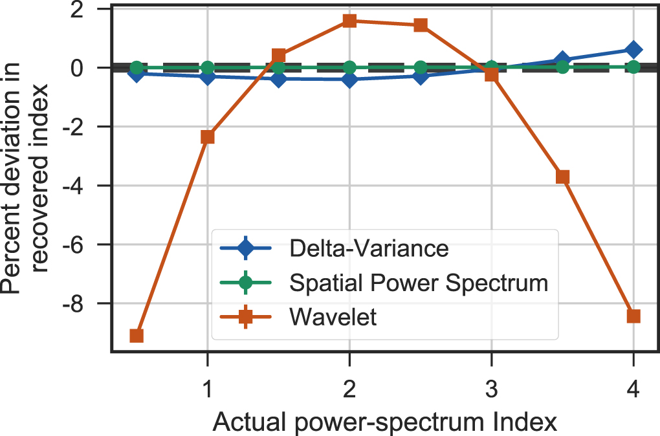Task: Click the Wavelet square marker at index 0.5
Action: [137, 336]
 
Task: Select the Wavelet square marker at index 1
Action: [207, 136]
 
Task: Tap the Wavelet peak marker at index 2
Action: [349, 21]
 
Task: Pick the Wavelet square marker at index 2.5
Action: [421, 25]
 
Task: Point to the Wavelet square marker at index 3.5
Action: [562, 177]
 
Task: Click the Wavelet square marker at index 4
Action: [633, 316]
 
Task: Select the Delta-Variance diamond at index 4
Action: [633, 50]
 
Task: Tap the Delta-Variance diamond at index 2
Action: [349, 80]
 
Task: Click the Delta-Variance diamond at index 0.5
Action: [137, 73]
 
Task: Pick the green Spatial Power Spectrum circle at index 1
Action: [207, 67]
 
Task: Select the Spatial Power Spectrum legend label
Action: [419, 283]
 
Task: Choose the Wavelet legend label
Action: [333, 318]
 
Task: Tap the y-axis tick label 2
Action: [94, 10]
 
